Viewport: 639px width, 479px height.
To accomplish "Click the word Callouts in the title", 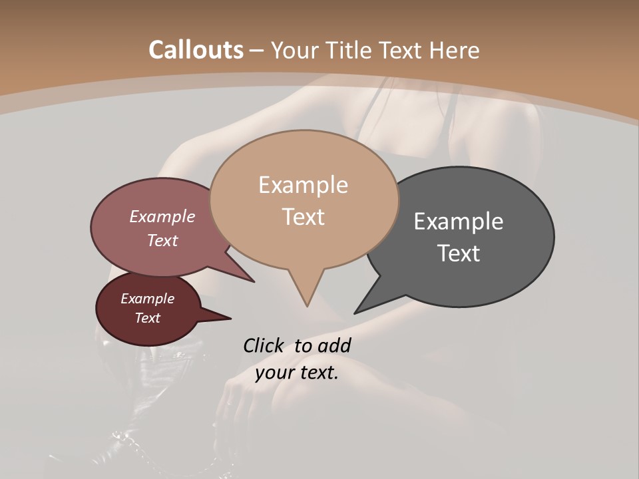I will click(196, 50).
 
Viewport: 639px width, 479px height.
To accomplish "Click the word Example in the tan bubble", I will click(303, 185).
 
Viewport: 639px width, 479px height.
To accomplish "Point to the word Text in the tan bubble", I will click(303, 217).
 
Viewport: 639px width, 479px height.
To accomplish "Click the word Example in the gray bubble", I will click(459, 222).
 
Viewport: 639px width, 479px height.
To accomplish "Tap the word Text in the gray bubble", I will click(459, 253).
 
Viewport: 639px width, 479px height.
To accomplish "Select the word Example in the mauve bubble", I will click(162, 216).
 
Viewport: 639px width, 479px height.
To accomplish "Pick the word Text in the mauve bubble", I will click(162, 240).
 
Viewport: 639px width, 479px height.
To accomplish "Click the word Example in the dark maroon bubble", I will click(147, 299).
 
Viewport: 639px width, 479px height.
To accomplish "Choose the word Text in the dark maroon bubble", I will click(147, 318).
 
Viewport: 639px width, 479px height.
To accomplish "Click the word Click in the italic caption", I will click(264, 345).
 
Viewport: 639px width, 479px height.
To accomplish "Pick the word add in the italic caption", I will click(334, 345).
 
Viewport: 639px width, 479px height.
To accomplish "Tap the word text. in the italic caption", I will click(317, 373).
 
